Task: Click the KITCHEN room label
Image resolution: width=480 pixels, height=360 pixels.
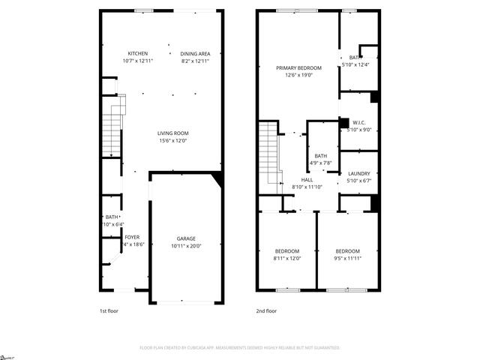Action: coord(137,53)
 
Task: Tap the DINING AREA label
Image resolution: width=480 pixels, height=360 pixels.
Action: coord(195,53)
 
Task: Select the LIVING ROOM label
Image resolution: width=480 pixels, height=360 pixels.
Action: coord(172,133)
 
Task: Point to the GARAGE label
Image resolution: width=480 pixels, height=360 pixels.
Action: coord(186,238)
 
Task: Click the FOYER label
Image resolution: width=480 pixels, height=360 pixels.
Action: coord(132,237)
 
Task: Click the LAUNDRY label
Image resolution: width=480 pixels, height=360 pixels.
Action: coord(358,173)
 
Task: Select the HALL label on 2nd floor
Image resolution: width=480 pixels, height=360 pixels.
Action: coord(307,180)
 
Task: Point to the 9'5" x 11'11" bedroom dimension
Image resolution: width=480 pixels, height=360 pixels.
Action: coord(347,258)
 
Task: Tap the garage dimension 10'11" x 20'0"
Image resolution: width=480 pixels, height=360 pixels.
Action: coord(186,245)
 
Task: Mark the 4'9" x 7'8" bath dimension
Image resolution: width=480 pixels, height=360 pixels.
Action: coord(320,163)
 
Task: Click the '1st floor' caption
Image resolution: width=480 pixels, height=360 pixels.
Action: coord(109,310)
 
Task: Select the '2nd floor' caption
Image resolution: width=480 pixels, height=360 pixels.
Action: coord(266,310)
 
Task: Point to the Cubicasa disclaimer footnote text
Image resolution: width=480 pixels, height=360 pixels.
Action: coord(240,348)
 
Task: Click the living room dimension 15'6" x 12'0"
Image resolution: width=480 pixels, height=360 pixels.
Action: coord(172,140)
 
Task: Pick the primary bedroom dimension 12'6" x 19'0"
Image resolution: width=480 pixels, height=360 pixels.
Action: coord(298,75)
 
